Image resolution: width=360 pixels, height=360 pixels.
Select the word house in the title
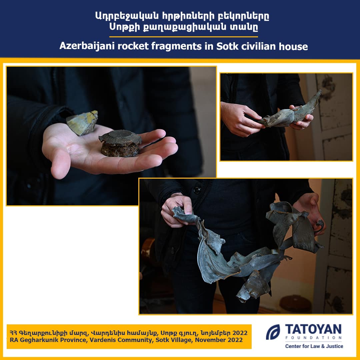point(293,46)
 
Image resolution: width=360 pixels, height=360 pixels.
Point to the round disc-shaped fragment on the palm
point(120,143)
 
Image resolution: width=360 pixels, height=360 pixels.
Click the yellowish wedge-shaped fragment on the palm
point(82,123)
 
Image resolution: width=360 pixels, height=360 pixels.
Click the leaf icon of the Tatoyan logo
point(273,332)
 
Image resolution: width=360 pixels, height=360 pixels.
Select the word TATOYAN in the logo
point(313,329)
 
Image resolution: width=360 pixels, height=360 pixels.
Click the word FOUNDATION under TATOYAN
point(313,338)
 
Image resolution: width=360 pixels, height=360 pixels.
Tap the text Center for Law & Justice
point(314,346)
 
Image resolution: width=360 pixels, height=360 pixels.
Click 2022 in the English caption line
point(235,340)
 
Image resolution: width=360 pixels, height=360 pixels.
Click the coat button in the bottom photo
point(197,190)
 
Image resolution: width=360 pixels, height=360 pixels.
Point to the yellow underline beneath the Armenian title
point(183,37)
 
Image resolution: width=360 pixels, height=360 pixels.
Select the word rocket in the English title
point(133,46)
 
